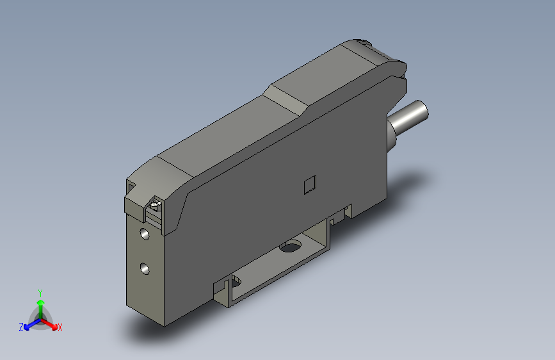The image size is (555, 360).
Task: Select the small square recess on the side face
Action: [309, 184]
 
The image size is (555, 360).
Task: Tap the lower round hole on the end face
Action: [145, 267]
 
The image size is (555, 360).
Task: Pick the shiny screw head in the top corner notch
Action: [154, 206]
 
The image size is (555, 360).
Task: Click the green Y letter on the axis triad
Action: [40, 291]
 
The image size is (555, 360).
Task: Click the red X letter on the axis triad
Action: [60, 327]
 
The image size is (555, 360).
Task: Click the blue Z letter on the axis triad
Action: [21, 327]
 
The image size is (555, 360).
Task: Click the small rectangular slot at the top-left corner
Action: [131, 186]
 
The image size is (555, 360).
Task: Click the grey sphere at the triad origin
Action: [40, 318]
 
